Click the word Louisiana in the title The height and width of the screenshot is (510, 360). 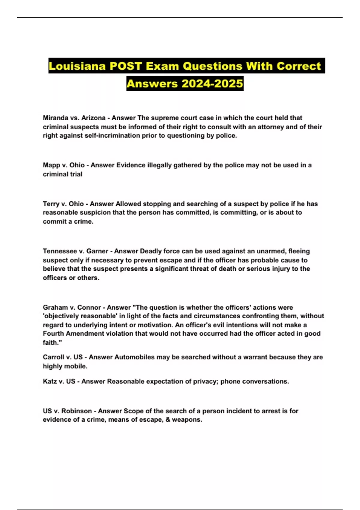click(77, 66)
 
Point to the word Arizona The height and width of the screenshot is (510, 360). click(93, 118)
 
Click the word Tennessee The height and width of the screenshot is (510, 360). click(60, 251)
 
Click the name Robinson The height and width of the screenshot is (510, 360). click(76, 411)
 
